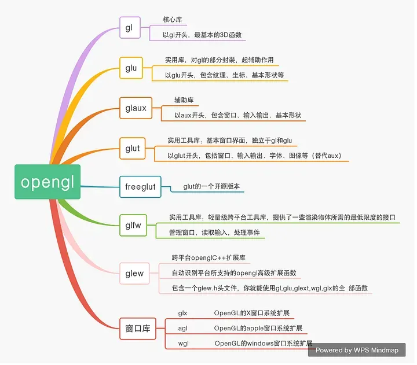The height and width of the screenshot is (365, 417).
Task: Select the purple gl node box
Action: (130, 28)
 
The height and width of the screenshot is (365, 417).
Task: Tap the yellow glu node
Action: (131, 68)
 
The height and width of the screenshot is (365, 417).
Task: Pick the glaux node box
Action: (136, 108)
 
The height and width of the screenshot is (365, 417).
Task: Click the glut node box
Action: (133, 148)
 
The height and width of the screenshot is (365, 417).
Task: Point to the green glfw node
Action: (133, 226)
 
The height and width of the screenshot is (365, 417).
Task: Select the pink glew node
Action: (134, 273)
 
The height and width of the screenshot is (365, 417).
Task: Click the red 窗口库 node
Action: (138, 328)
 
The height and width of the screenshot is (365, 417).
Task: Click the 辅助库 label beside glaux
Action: (186, 100)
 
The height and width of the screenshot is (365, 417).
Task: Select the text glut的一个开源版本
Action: (211, 186)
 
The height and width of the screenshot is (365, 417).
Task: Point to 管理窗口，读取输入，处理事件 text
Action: (214, 233)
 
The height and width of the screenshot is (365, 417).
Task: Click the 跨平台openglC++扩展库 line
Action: (211, 257)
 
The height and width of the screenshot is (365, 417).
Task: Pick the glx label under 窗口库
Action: (183, 313)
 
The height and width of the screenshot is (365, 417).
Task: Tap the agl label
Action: (183, 328)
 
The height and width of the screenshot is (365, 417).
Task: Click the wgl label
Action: (184, 344)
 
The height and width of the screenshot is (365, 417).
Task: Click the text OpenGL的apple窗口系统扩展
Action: (258, 328)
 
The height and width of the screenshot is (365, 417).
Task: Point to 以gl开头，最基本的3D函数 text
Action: (202, 35)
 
